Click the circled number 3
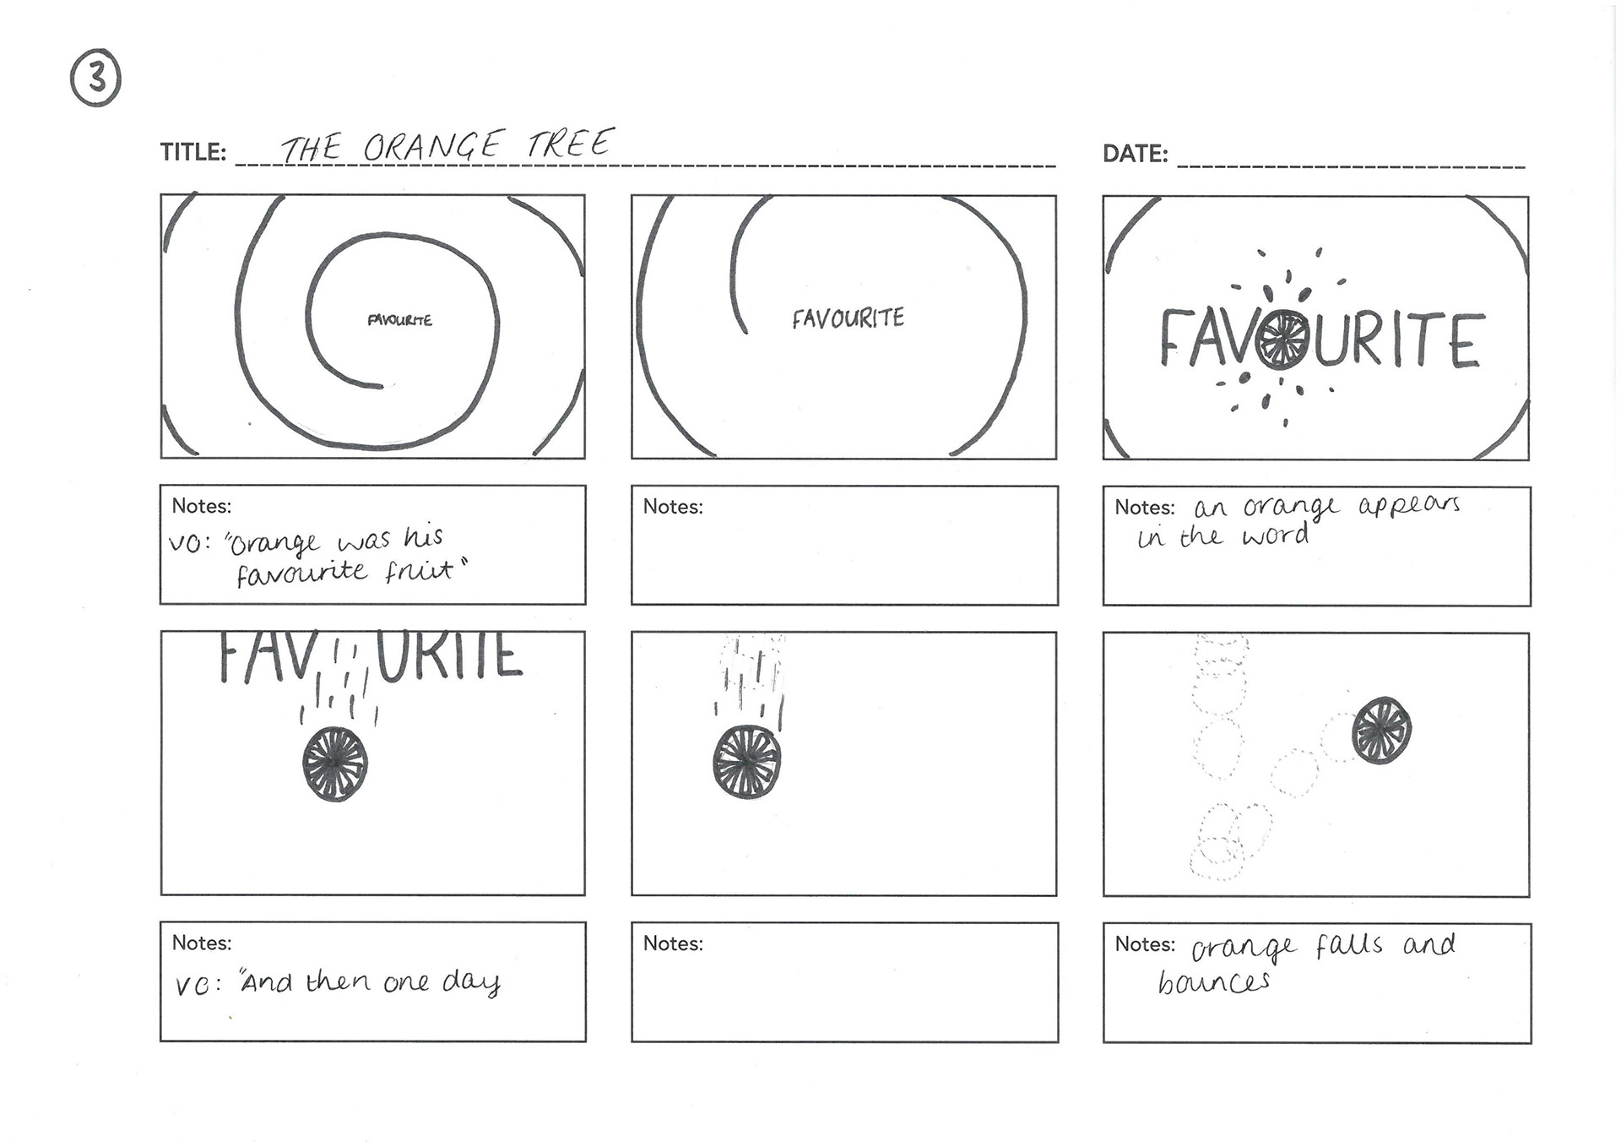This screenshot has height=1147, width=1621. point(95,79)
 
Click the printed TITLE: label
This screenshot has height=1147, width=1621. point(193,152)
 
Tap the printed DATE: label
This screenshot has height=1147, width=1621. point(1136,154)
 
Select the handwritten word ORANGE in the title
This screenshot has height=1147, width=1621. point(433,146)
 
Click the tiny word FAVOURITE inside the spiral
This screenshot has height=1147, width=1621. point(399,320)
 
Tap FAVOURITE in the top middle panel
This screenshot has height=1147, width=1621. point(848,318)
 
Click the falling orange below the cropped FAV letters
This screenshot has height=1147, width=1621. point(335,764)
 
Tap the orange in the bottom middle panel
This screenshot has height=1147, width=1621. point(747,763)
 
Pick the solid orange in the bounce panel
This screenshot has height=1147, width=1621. point(1382,731)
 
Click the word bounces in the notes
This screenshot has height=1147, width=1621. point(1214,981)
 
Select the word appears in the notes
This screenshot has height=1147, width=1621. point(1409,506)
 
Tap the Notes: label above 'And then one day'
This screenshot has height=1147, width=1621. point(202,943)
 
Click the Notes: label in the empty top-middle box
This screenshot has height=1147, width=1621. point(673,507)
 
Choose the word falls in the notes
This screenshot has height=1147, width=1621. point(1349,945)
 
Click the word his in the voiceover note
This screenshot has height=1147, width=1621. point(424,538)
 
